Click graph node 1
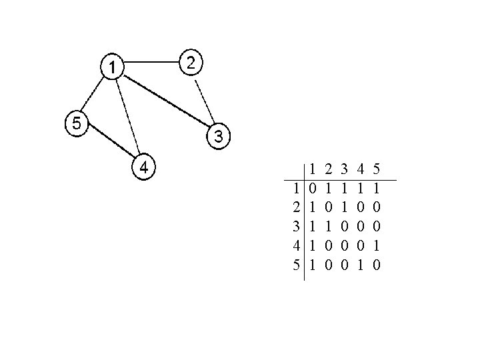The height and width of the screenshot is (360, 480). pyautogui.click(x=113, y=66)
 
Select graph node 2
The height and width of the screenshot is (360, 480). pyautogui.click(x=191, y=63)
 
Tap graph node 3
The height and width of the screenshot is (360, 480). pyautogui.click(x=219, y=137)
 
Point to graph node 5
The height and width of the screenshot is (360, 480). pyautogui.click(x=77, y=123)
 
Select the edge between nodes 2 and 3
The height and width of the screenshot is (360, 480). pyautogui.click(x=203, y=100)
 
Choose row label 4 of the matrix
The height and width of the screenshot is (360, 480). pyautogui.click(x=295, y=245)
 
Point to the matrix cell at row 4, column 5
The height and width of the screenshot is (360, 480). pyautogui.click(x=377, y=245)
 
